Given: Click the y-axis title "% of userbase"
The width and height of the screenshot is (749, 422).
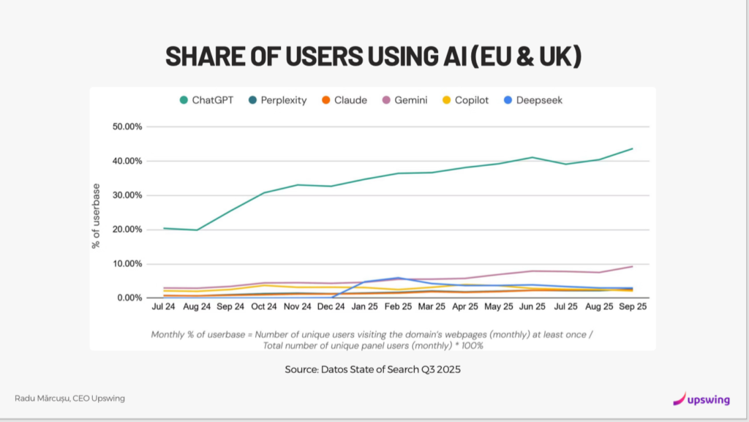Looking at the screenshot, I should (x=96, y=216).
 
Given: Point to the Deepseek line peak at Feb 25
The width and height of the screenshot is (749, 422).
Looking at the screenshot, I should (x=399, y=278).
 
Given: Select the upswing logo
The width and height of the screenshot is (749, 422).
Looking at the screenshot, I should (x=702, y=399).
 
